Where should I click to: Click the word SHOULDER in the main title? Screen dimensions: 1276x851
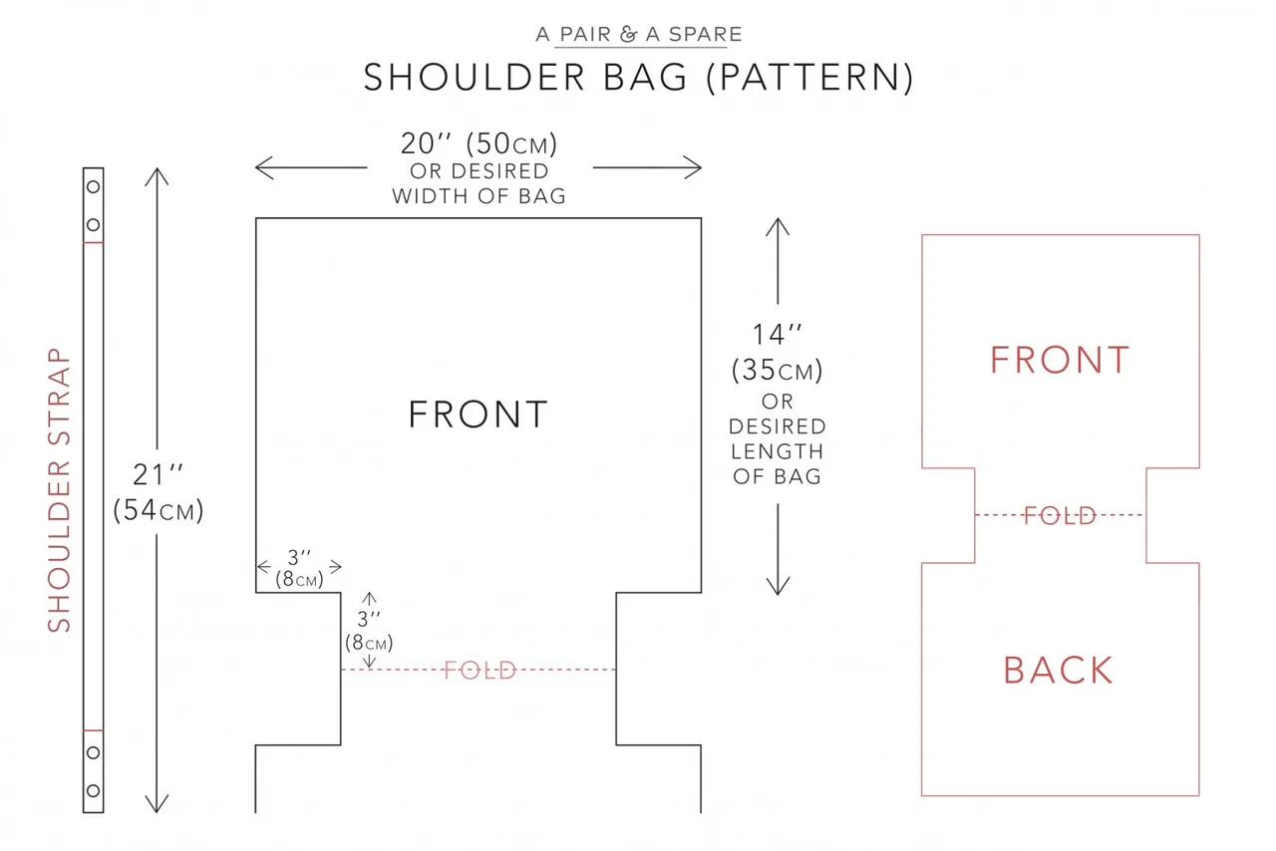(475, 78)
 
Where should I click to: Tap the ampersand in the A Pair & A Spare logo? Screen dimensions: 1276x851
(628, 34)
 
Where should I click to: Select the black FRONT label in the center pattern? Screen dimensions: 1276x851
(478, 415)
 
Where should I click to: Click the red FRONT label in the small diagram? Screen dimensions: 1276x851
(1060, 360)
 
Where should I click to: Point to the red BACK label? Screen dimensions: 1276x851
(1059, 670)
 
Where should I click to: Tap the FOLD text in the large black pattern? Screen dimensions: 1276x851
(480, 671)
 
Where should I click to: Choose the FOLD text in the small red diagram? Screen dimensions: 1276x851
(1060, 515)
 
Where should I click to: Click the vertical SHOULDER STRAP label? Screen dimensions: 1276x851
(59, 490)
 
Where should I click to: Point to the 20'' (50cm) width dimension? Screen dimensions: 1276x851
(478, 143)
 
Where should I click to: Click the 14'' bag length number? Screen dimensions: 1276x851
(778, 335)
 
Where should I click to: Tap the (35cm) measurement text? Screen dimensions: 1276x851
(778, 371)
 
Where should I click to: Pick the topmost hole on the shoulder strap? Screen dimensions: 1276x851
(94, 186)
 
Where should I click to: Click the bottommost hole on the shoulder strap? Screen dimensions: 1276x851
(94, 790)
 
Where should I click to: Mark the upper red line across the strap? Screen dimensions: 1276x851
(94, 243)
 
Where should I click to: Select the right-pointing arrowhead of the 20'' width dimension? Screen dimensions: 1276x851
(693, 167)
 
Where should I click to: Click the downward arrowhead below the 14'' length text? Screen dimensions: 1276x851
(778, 586)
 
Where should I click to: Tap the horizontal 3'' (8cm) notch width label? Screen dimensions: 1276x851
(299, 568)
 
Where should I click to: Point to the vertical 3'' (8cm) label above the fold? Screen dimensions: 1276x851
(369, 631)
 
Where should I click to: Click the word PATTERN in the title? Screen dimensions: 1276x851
(809, 78)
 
